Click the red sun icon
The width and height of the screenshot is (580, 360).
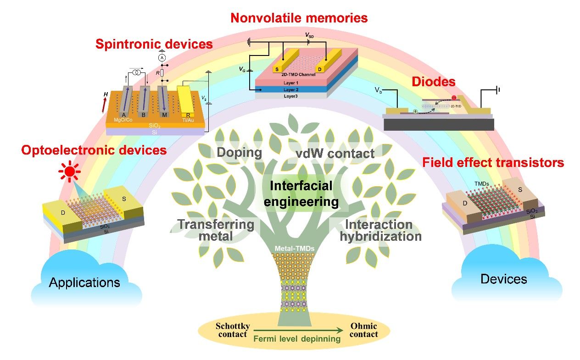[69, 172]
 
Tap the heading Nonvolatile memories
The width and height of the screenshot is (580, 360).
[299, 18]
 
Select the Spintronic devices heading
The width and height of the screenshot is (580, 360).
[154, 44]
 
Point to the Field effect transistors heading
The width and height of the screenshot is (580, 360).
[493, 162]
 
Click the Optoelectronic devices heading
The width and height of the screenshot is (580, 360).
[94, 150]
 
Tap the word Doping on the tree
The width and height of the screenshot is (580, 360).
[240, 152]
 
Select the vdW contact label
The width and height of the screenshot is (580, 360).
[332, 153]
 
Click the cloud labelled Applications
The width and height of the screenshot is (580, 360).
[85, 282]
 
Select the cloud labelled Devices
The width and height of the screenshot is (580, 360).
[504, 278]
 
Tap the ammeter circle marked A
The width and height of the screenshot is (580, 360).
[162, 58]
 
